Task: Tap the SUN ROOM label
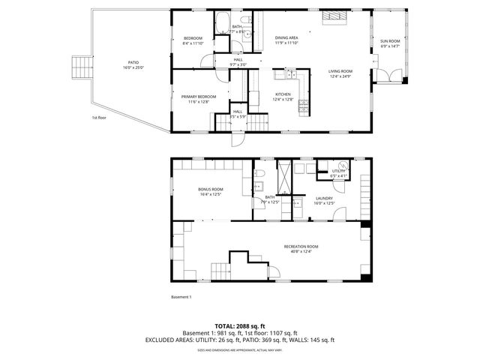coord(389,43)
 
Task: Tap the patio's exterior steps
coord(79,68)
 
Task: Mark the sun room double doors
coord(391,76)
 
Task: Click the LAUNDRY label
coord(323,200)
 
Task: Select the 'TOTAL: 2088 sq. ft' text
coord(239,326)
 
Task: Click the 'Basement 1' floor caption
coord(181,297)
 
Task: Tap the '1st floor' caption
coord(100,118)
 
